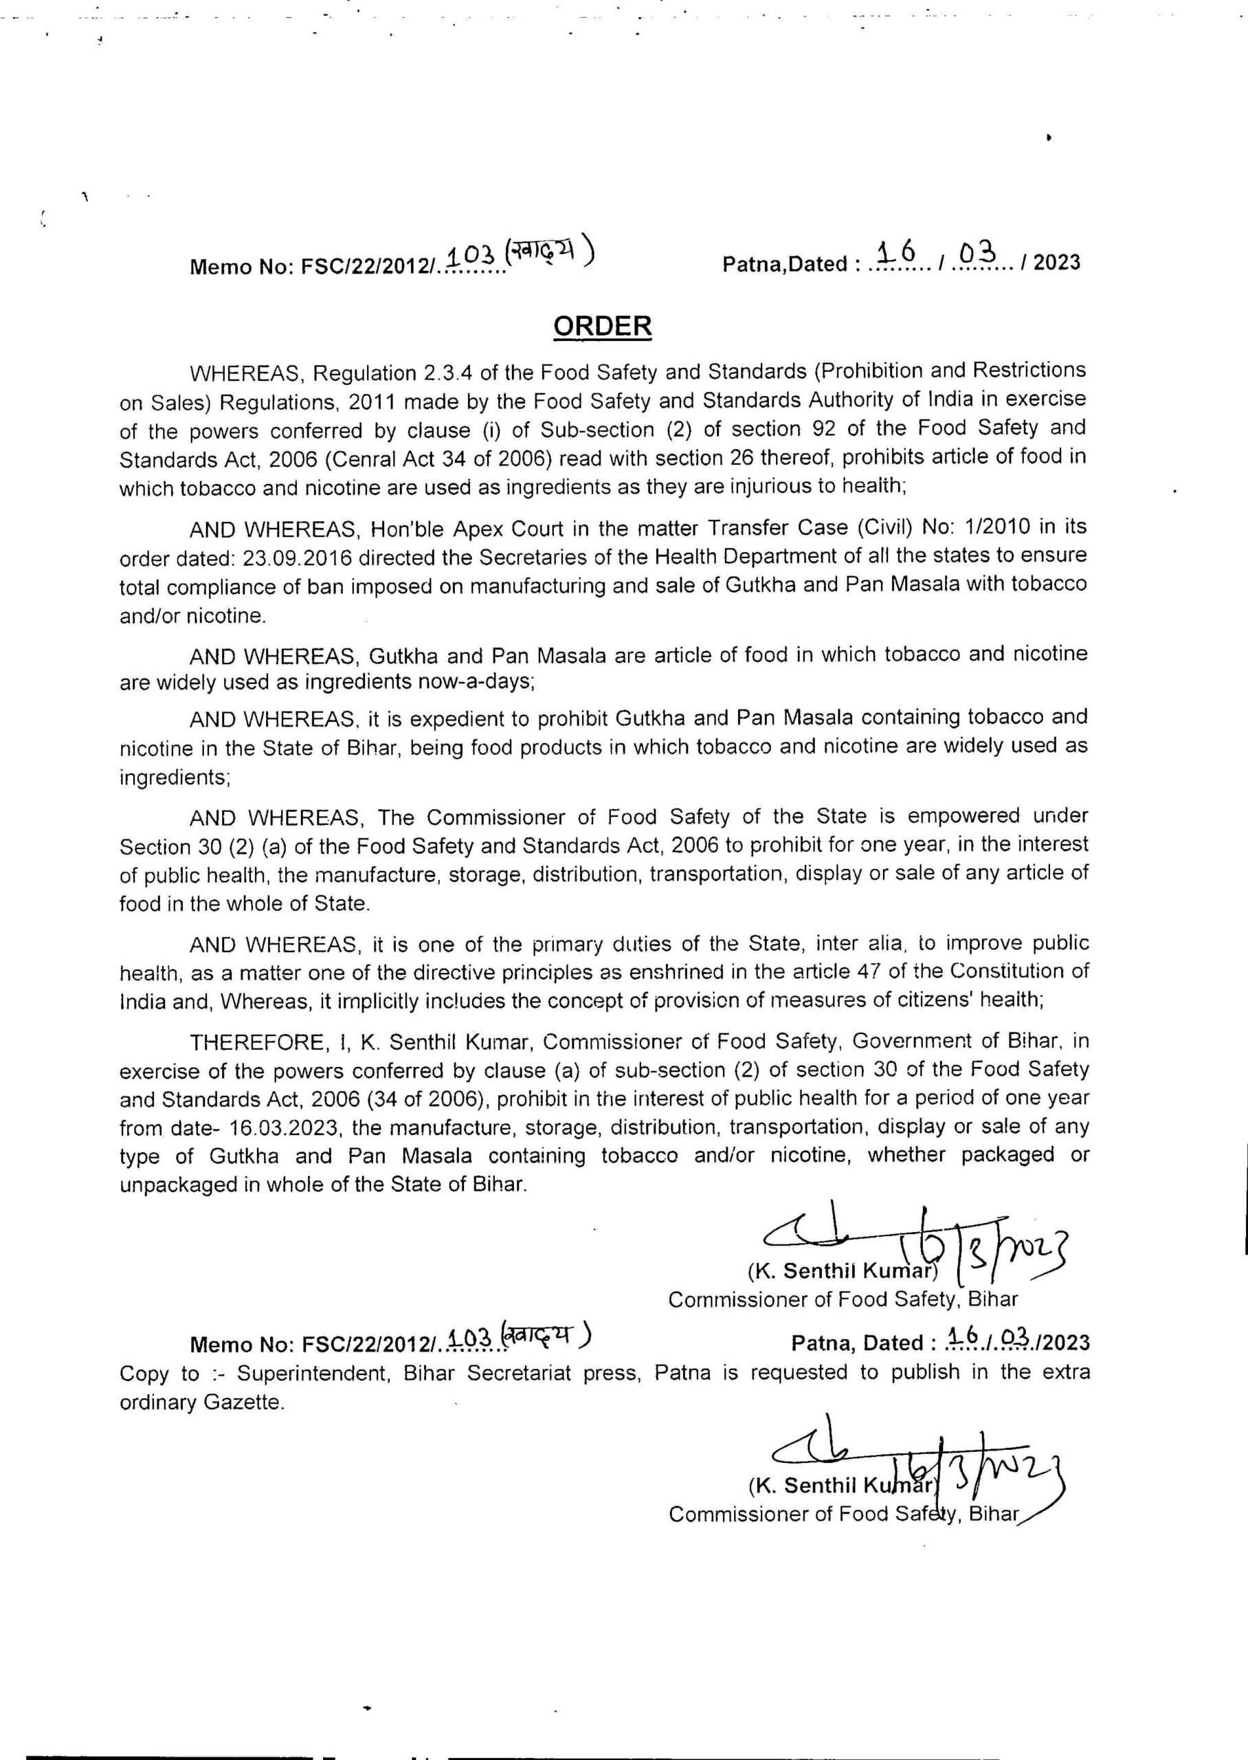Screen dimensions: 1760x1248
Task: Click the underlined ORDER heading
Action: point(603,326)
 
